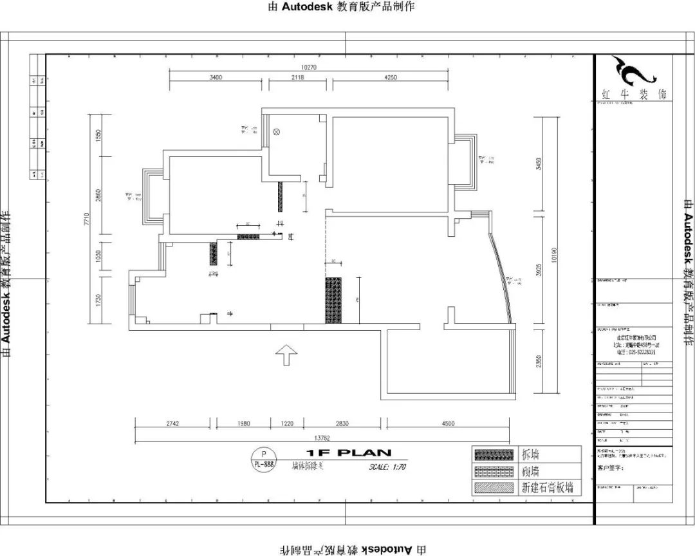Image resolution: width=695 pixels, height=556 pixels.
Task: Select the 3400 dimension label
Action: point(216,77)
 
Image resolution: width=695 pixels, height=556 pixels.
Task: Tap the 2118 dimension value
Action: point(297,77)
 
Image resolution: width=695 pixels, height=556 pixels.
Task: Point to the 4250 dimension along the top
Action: point(390,77)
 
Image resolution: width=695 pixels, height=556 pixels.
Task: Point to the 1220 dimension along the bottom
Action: point(286,423)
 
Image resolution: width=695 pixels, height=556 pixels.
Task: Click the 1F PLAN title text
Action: point(345,453)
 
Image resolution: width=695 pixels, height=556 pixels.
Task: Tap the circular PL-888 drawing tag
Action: point(263,458)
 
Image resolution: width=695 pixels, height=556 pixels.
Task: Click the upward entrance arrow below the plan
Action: point(286,354)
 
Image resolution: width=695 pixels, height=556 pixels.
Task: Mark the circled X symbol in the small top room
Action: point(277,131)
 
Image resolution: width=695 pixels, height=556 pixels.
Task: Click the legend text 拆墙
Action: point(530,454)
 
